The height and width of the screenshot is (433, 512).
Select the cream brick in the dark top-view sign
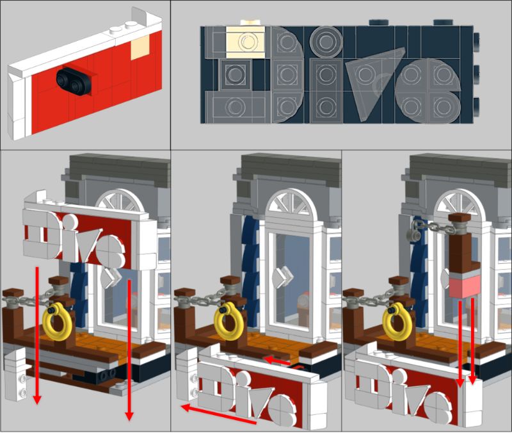pyautogui.click(x=245, y=42)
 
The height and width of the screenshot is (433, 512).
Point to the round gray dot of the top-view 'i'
pyautogui.click(x=326, y=42)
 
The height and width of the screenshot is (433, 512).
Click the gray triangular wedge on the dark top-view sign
pyautogui.click(x=372, y=78)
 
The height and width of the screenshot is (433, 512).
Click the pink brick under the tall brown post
pyautogui.click(x=465, y=286)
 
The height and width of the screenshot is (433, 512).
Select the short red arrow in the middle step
pyautogui.click(x=277, y=361)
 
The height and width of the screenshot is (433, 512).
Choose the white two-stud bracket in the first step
pyautogui.click(x=15, y=373)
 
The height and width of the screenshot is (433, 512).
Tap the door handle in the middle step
pyautogui.click(x=284, y=277)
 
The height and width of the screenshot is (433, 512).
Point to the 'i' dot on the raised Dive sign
pyautogui.click(x=69, y=221)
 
